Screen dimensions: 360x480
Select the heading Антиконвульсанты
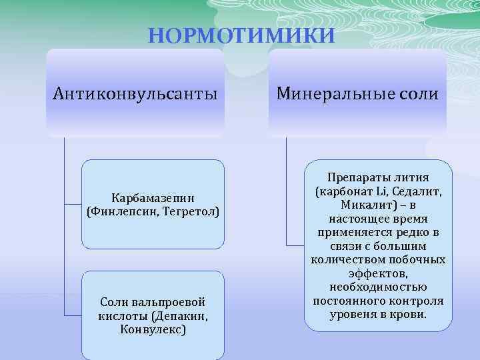(x=135, y=93)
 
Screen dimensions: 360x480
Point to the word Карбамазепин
(x=153, y=198)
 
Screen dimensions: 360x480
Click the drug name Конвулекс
(x=153, y=329)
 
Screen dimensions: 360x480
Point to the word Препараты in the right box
(x=354, y=177)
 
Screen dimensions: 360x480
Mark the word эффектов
(x=379, y=273)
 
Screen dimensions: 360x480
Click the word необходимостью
(x=379, y=287)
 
